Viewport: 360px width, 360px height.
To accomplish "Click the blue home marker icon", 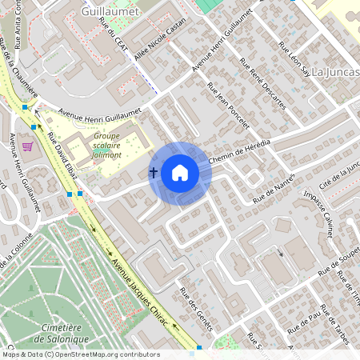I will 180,173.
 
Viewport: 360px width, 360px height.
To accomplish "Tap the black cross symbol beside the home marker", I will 154,172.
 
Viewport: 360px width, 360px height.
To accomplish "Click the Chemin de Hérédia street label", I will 239,150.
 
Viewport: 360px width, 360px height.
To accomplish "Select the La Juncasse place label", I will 335,72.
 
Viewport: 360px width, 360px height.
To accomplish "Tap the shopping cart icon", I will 27,146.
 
